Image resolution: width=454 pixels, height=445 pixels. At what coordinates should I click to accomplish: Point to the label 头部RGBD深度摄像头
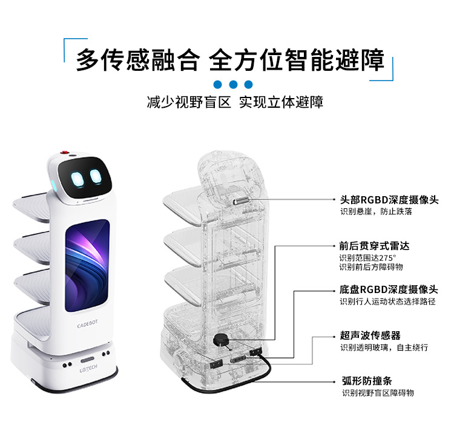point(389,199)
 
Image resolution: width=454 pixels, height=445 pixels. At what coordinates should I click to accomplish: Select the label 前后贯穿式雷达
point(374,246)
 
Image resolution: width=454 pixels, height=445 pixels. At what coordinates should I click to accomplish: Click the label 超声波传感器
point(370,335)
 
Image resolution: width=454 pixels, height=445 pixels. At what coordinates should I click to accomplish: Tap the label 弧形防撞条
point(366,381)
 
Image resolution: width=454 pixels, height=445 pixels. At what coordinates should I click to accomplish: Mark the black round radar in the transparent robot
point(219,341)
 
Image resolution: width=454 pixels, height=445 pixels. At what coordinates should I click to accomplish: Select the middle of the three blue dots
point(233,85)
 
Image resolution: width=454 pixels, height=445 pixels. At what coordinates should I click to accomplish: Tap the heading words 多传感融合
point(137,61)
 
